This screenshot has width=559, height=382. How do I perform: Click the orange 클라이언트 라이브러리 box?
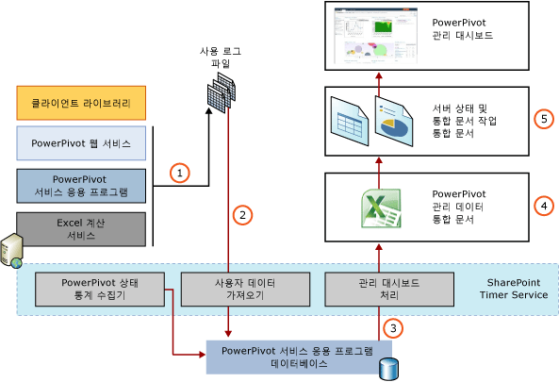(81, 102)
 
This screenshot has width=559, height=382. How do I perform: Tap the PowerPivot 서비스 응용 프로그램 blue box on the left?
(81, 186)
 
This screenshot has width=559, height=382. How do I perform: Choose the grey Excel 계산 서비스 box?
(81, 228)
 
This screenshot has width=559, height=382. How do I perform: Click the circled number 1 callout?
(177, 173)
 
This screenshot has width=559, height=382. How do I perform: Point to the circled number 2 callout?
(242, 215)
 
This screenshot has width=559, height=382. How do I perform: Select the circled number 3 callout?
(394, 329)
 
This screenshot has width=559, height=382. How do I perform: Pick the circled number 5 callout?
(541, 120)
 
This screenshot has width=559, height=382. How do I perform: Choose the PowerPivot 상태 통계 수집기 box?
(100, 288)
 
